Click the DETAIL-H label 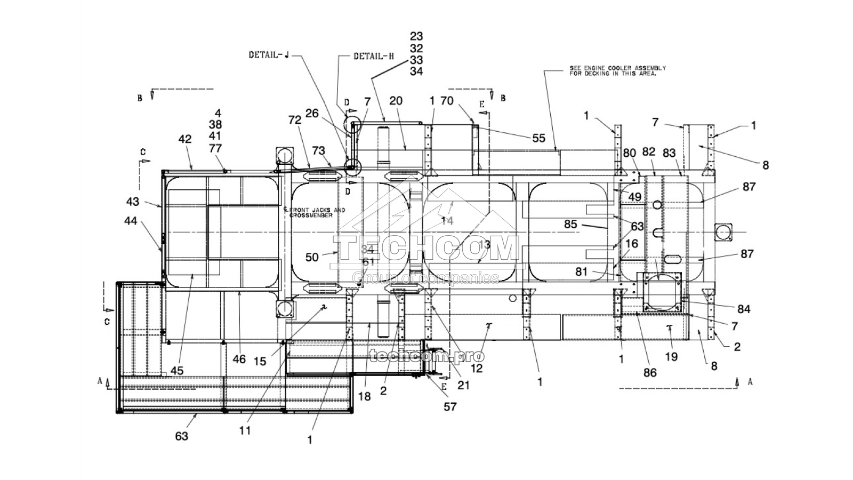tap(374, 55)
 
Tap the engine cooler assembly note tap(617, 71)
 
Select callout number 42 tap(184, 139)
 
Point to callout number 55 tap(539, 138)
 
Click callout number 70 tap(447, 101)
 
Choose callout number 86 tap(650, 373)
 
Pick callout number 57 tap(450, 406)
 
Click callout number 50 tap(312, 258)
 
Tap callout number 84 tap(744, 309)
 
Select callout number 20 tap(396, 101)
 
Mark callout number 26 tap(312, 113)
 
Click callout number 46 tap(239, 359)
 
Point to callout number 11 tap(245, 430)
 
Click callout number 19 tap(671, 357)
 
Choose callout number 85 tap(570, 225)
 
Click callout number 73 tap(318, 151)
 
